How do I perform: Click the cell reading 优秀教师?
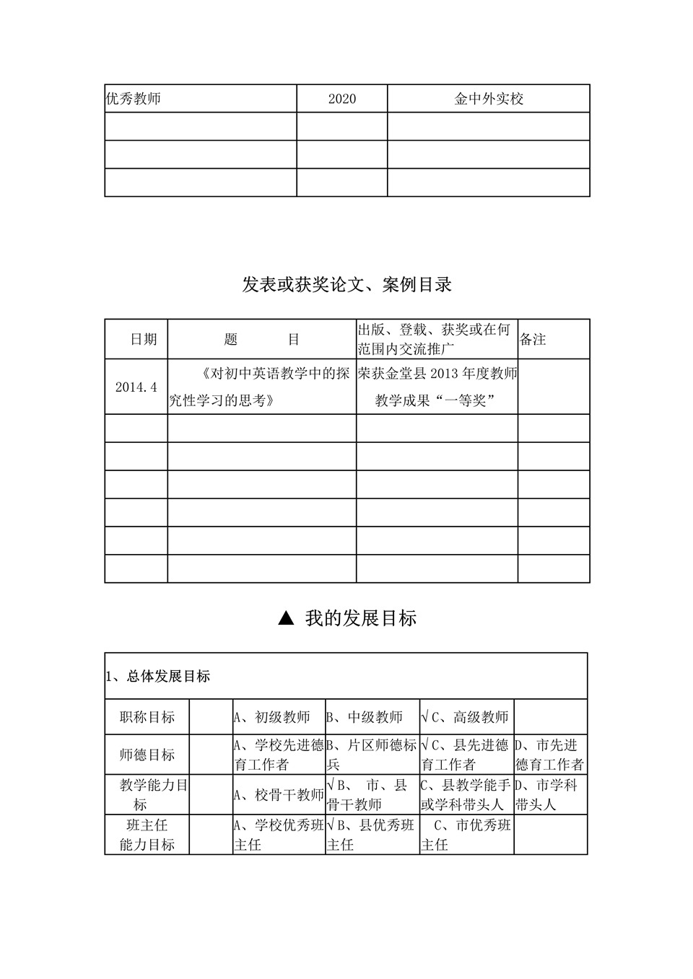(x=134, y=99)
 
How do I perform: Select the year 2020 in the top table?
(x=341, y=99)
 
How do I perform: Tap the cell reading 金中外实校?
(x=488, y=99)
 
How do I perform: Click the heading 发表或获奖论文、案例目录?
(x=346, y=285)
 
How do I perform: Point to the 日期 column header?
(x=143, y=339)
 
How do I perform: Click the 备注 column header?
(x=533, y=339)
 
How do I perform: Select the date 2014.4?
(x=136, y=387)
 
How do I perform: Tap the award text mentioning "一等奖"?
(x=437, y=387)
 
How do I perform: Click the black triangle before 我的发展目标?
(x=286, y=618)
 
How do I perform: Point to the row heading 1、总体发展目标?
(x=158, y=676)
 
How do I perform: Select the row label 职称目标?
(x=147, y=717)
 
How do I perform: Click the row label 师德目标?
(x=147, y=755)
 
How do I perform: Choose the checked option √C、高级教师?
(x=465, y=717)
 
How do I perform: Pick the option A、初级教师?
(x=271, y=717)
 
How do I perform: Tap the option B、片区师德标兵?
(x=371, y=755)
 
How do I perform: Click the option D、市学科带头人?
(x=546, y=794)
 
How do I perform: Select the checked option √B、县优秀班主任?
(x=371, y=835)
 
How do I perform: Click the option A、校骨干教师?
(x=279, y=795)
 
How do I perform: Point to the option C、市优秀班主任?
(x=466, y=835)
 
